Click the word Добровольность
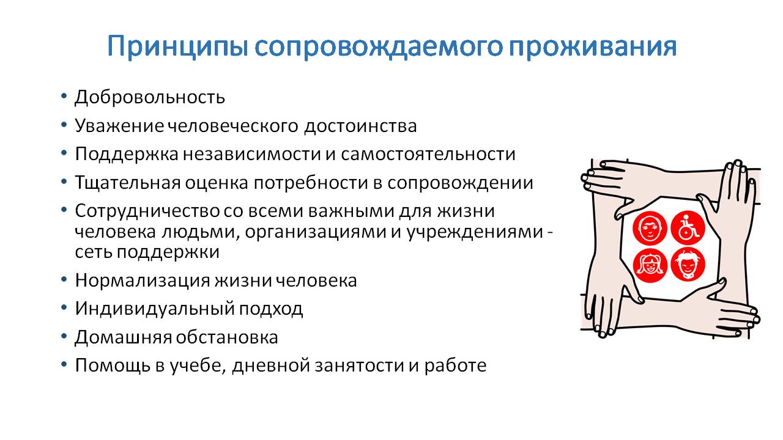point(150,97)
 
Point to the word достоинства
point(360,126)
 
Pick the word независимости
point(251,155)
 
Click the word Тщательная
point(128,183)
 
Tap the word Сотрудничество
point(147,211)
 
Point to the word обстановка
point(227,337)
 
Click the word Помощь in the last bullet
point(113,365)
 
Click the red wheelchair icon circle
point(688,228)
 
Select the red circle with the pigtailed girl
point(650,265)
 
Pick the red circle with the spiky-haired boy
point(688,265)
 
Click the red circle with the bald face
point(650,229)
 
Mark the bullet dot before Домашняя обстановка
point(64,336)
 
